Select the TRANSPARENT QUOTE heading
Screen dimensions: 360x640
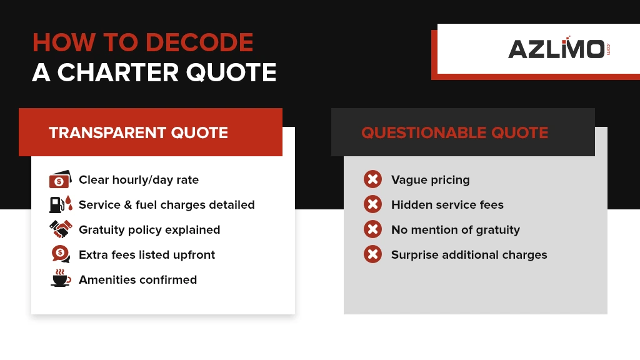click(138, 132)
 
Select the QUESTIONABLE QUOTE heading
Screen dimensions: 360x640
click(454, 132)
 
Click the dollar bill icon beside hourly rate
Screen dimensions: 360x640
click(60, 180)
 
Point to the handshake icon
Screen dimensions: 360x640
click(61, 229)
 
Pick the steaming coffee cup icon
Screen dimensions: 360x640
click(60, 279)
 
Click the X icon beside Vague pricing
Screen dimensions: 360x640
click(372, 180)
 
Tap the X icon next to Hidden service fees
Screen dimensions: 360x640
click(372, 204)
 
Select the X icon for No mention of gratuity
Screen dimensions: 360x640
click(372, 229)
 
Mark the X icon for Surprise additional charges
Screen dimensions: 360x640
click(372, 254)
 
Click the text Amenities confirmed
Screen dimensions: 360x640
click(137, 279)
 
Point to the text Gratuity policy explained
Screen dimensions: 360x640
click(149, 229)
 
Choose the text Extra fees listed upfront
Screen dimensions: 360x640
click(147, 254)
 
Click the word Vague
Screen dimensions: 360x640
click(409, 180)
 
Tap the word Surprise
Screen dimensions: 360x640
click(414, 255)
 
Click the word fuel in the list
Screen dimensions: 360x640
click(146, 204)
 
